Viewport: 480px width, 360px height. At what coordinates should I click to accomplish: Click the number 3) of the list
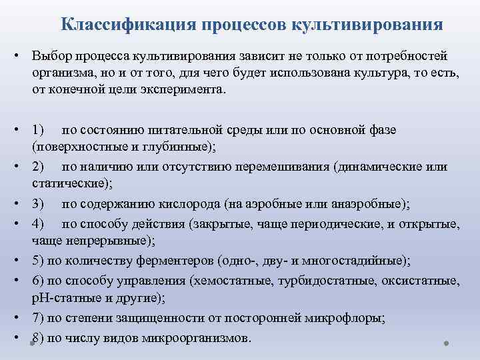pyautogui.click(x=38, y=203)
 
